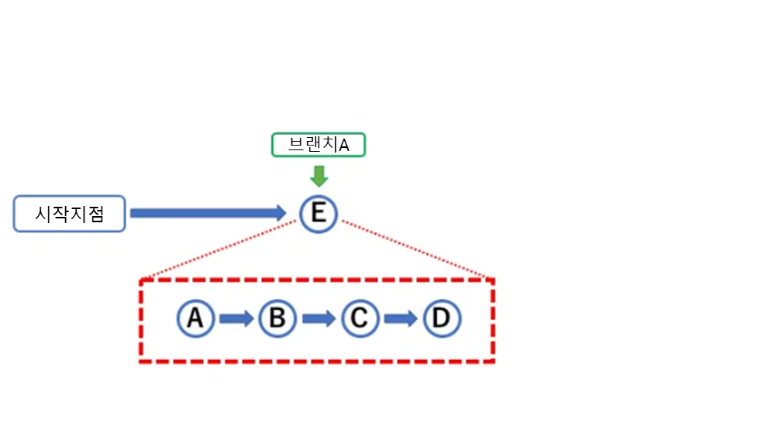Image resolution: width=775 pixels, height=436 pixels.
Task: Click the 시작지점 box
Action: [x=69, y=214]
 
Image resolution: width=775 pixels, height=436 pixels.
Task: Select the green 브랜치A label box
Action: [x=318, y=145]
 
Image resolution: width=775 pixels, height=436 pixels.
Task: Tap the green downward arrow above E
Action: [x=318, y=176]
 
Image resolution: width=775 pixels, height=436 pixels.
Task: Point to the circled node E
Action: [x=318, y=214]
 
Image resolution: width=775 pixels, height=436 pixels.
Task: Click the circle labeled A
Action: [x=195, y=318]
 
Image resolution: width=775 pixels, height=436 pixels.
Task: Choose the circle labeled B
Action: [x=277, y=318]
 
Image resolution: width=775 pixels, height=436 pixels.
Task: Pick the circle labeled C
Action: [x=359, y=318]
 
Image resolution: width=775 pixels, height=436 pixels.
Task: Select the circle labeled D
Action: [x=442, y=318]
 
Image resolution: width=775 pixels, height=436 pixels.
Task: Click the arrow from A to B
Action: [x=236, y=318]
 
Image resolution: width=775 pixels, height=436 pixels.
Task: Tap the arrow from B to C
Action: [x=318, y=318]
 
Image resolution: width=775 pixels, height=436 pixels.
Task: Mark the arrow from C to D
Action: [x=401, y=318]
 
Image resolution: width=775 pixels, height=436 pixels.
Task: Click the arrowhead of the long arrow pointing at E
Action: [x=279, y=213]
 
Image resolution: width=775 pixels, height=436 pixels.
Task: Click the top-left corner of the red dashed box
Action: [x=141, y=280]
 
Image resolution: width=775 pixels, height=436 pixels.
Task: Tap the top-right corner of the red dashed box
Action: [x=494, y=280]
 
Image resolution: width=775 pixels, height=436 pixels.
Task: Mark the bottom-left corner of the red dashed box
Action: [x=141, y=361]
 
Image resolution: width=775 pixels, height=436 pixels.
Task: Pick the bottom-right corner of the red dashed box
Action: [x=494, y=361]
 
